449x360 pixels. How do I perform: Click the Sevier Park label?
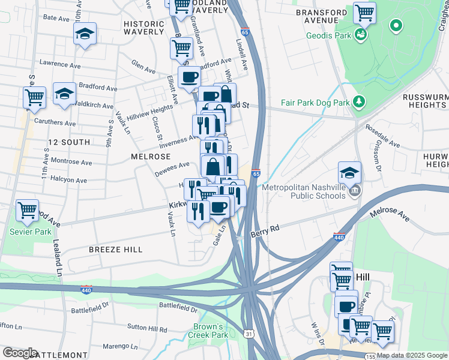[26, 232]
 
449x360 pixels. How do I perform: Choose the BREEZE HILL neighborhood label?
[115, 249]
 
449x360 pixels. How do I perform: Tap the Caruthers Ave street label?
[55, 122]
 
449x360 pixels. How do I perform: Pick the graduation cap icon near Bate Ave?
[85, 34]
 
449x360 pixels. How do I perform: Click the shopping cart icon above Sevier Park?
[27, 210]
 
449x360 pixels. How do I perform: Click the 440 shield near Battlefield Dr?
[86, 290]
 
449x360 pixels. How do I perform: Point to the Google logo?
[20, 353]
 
